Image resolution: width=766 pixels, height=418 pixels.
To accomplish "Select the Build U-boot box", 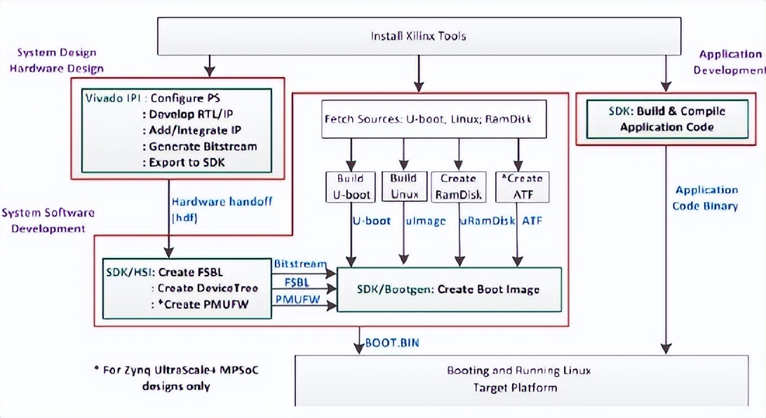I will [349, 187].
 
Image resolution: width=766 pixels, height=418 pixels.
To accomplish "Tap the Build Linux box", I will [404, 187].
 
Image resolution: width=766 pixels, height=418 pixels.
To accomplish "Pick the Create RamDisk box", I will [458, 187].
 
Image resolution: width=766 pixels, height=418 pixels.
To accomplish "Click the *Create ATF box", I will [523, 187].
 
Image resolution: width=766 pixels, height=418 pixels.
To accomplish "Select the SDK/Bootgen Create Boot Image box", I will [449, 289].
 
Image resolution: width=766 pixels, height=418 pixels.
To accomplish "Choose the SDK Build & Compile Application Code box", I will [666, 119].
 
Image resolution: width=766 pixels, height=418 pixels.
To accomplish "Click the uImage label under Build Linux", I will [425, 221].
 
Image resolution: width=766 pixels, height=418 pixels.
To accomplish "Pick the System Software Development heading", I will [48, 220].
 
